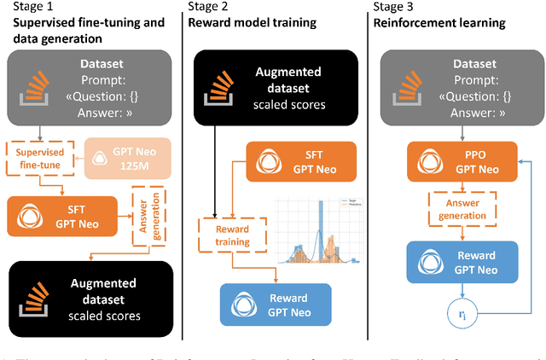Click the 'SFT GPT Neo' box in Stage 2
click(x=293, y=162)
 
